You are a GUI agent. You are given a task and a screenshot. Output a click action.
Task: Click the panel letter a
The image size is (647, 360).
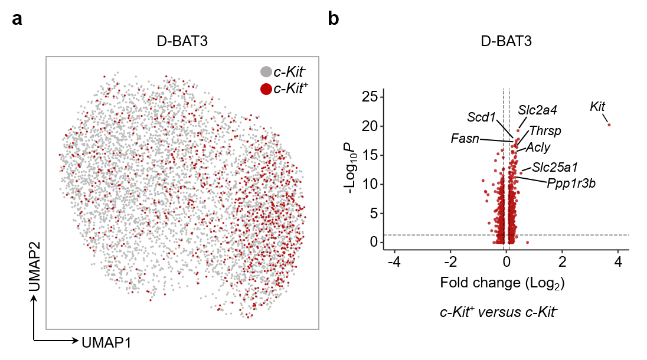(x=18, y=19)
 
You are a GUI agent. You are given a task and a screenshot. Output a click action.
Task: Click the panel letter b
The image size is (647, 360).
(x=334, y=19)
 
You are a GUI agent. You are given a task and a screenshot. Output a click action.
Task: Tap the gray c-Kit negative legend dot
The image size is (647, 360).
(x=266, y=72)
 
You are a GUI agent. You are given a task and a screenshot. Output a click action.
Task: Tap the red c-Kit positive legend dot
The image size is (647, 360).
(x=266, y=89)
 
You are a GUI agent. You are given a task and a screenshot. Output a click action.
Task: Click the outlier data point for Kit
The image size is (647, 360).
(x=609, y=125)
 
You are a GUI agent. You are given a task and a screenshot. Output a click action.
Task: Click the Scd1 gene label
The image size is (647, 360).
(x=481, y=117)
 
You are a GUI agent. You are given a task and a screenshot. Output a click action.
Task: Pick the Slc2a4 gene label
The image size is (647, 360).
(x=538, y=110)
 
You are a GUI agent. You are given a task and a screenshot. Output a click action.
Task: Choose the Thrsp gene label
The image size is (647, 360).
(x=545, y=130)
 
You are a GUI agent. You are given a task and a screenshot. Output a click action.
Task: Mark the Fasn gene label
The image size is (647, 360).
(x=464, y=139)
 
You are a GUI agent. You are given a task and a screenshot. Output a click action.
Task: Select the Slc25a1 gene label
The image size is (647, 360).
(x=554, y=167)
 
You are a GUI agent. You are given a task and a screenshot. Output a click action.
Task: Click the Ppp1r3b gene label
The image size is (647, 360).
(x=571, y=184)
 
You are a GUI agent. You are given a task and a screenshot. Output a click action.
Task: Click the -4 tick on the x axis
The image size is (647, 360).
(x=394, y=261)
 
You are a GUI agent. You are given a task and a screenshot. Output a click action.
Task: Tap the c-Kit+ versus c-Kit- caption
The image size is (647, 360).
(x=499, y=312)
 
